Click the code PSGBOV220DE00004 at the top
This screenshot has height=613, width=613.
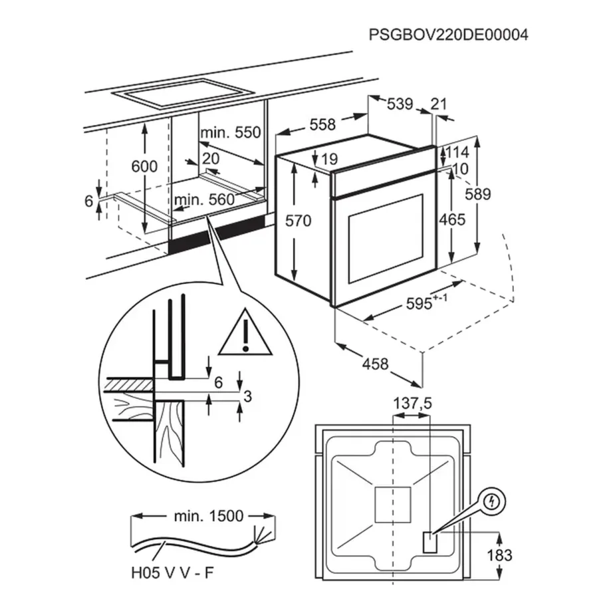pos(449,35)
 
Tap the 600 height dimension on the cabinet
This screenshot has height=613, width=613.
pos(144,166)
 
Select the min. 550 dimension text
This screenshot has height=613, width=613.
pos(230,132)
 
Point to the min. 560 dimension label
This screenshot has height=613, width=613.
pos(204,199)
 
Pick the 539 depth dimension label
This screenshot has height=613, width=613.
pos(400,104)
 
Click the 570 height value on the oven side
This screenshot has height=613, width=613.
pos(298,221)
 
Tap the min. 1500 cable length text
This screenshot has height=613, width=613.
pos(203,515)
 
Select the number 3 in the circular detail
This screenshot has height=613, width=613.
pos(247,397)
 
